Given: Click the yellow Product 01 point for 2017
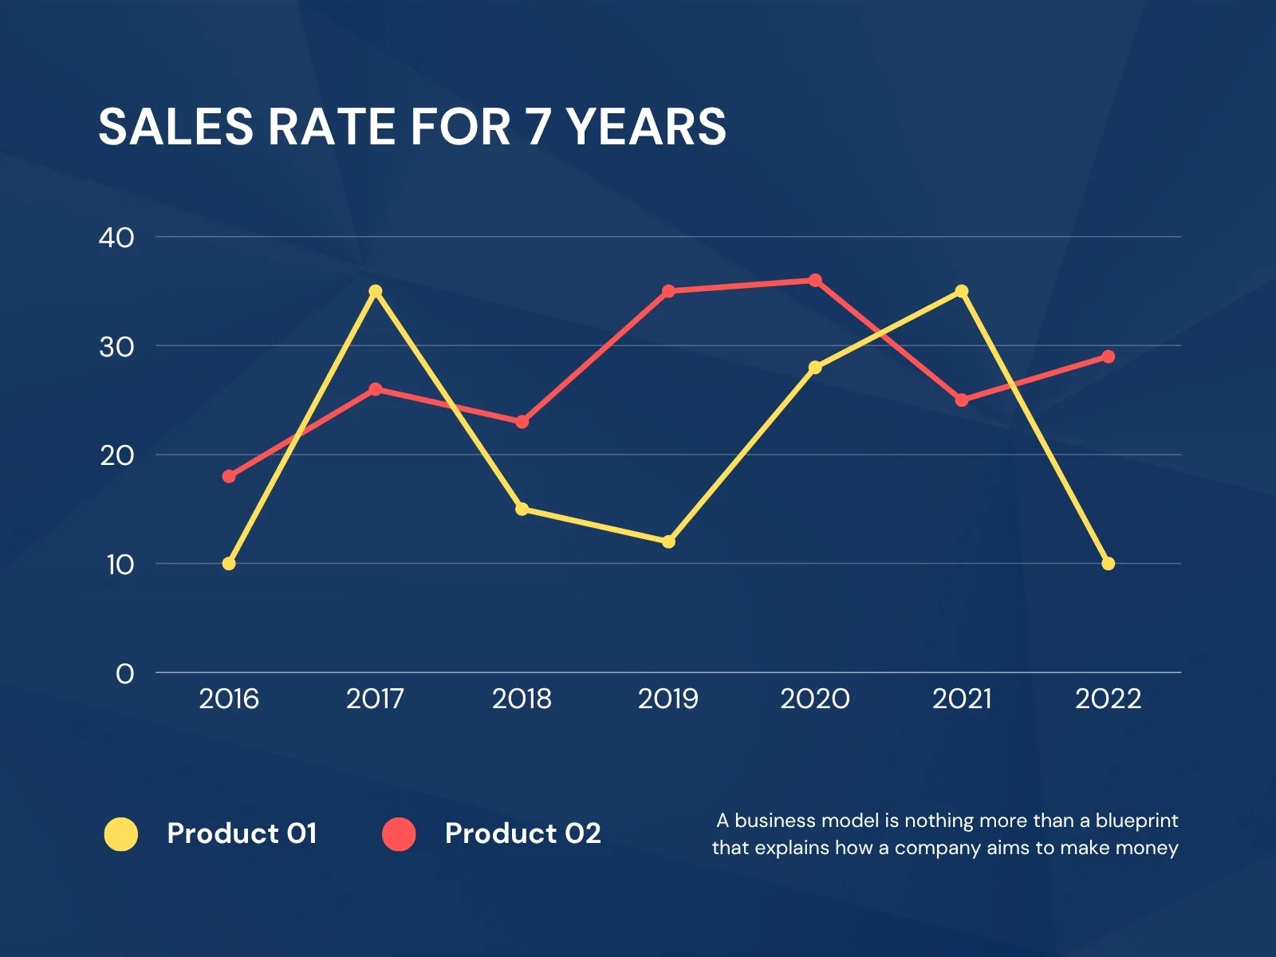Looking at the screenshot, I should point(376,291).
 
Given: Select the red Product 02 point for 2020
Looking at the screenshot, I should point(815,280).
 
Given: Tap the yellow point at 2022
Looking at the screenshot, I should point(1108,564).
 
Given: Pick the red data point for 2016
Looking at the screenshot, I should point(229,476).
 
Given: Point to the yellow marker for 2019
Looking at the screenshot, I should point(668,542).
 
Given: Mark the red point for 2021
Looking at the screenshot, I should point(962,400).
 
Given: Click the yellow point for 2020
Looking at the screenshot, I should point(815,368).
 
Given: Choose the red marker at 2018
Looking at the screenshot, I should point(522,422).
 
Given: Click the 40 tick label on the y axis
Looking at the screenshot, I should point(116,237).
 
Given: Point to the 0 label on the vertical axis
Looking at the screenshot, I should point(124,674).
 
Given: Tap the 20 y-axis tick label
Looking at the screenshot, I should point(116,455).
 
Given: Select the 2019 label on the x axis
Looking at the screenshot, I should point(668,699).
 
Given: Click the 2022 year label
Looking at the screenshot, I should point(1108,699).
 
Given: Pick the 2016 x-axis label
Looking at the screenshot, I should point(229,699).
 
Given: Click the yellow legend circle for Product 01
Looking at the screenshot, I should point(121,834).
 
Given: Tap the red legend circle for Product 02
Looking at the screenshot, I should point(399,834).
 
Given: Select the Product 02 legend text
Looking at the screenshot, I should point(522,833).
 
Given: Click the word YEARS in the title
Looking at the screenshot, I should point(646,127).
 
